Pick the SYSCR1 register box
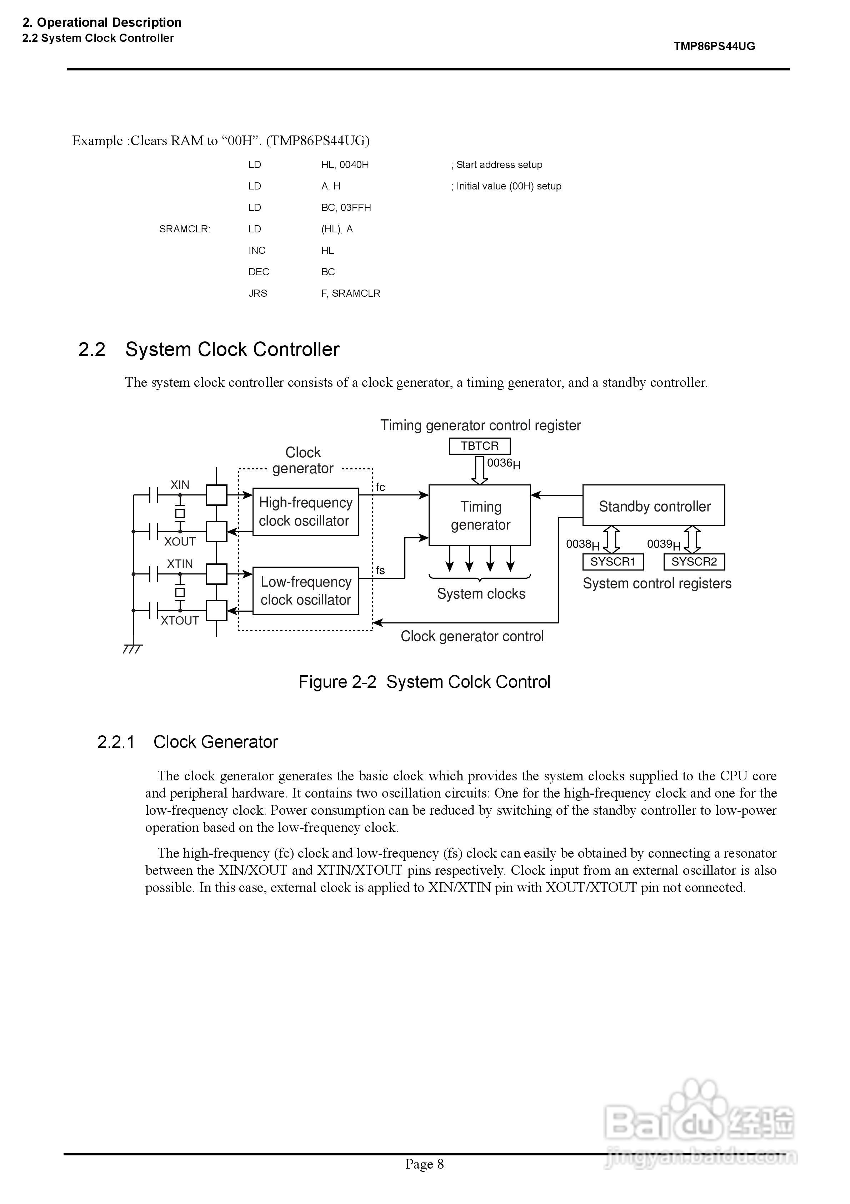(612, 562)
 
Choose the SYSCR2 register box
(694, 562)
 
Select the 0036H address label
(504, 464)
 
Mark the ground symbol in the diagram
(132, 649)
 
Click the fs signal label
(380, 570)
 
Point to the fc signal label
(380, 487)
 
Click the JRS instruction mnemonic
(257, 293)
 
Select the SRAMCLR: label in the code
(184, 229)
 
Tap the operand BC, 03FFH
(346, 208)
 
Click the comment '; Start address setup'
(496, 165)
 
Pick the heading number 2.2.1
(116, 742)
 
